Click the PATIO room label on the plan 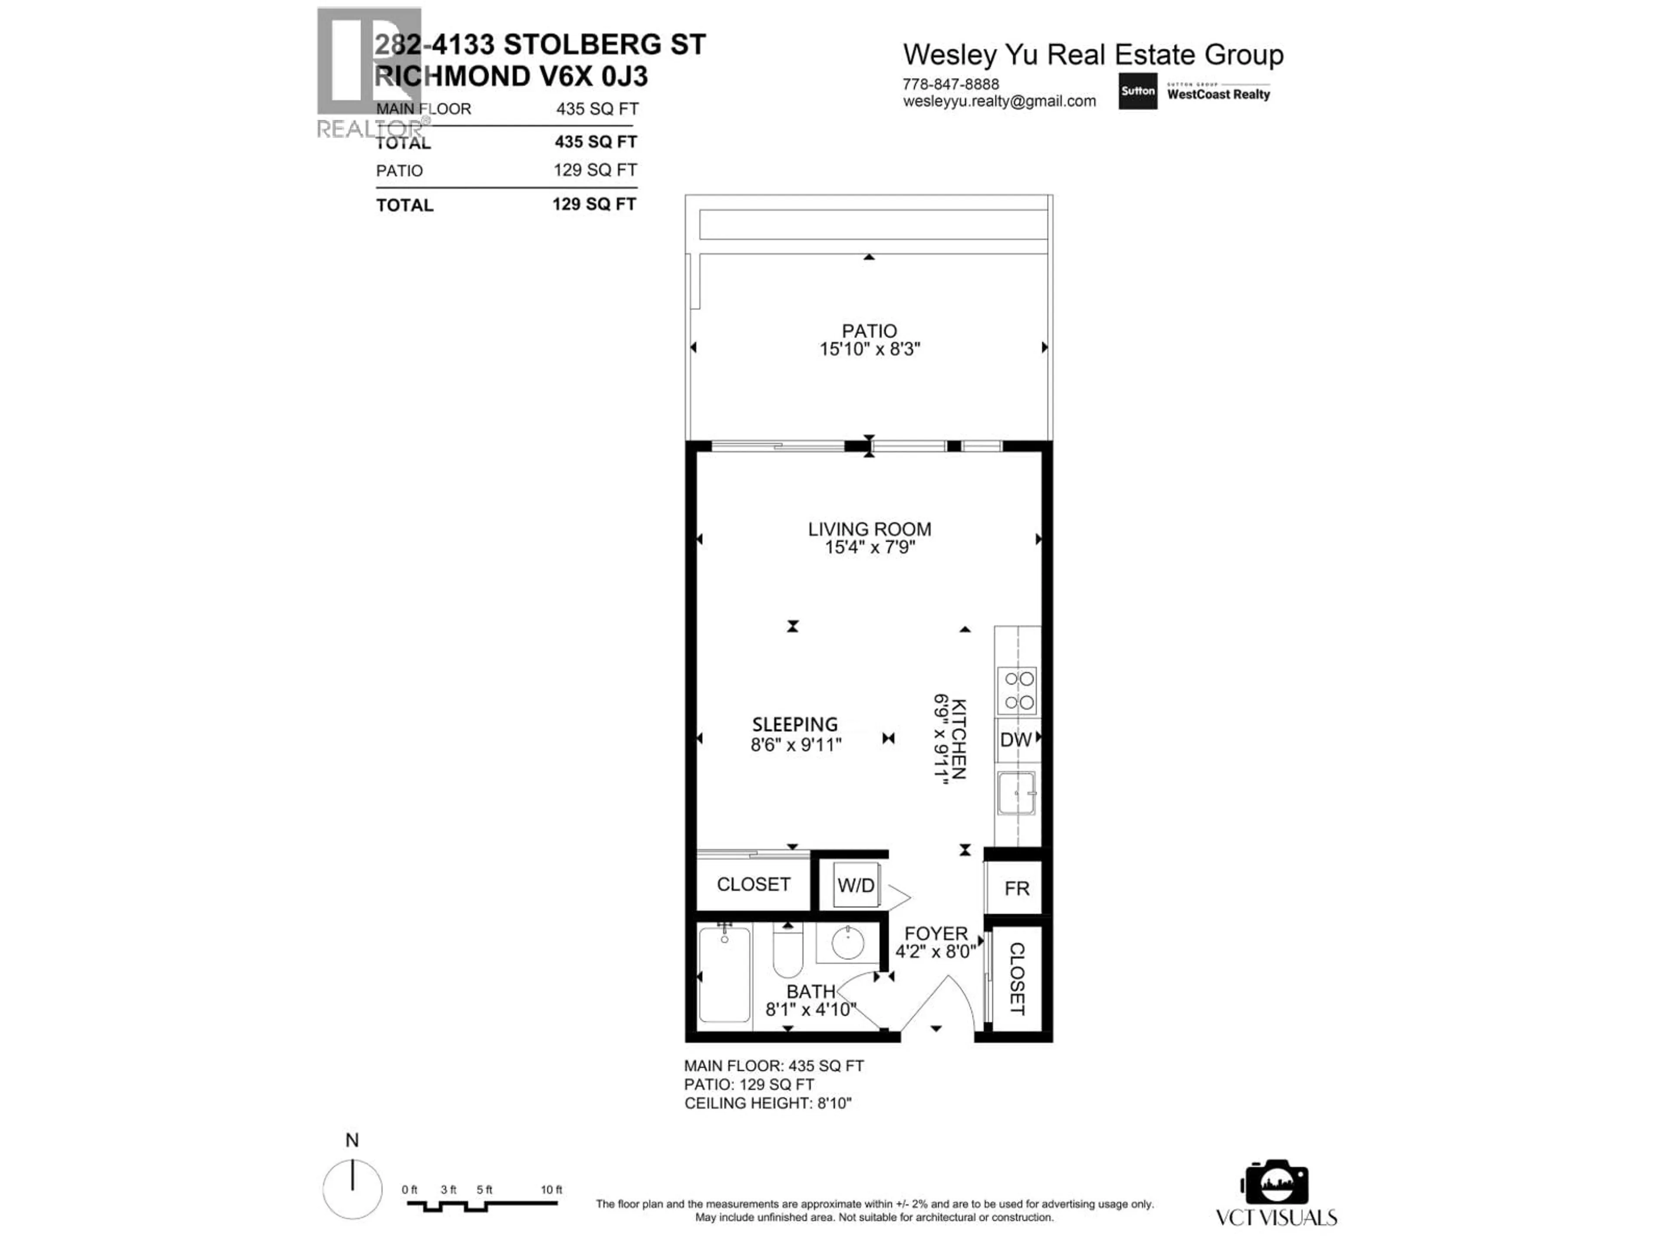tap(869, 331)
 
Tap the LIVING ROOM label tap(869, 529)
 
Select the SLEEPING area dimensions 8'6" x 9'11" tap(795, 744)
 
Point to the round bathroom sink tap(848, 943)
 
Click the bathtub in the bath tap(724, 974)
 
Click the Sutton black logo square tap(1137, 91)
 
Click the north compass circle tap(352, 1188)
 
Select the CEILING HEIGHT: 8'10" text tap(767, 1103)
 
